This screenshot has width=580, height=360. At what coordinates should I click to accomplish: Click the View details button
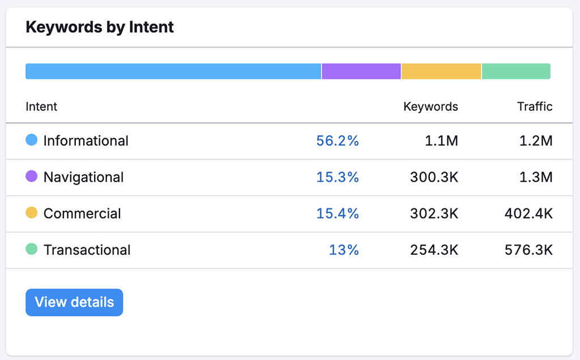tap(74, 302)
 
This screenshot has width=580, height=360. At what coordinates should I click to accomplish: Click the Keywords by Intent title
tap(100, 27)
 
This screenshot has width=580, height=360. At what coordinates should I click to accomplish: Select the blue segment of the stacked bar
tap(173, 71)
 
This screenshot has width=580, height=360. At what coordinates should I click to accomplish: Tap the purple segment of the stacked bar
tap(361, 71)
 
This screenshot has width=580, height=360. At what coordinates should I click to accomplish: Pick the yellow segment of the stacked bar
tap(441, 71)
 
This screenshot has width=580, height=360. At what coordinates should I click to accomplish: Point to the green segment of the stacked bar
tap(516, 71)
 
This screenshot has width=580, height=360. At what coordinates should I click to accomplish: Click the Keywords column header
tap(430, 106)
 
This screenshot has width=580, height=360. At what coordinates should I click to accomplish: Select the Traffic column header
tap(535, 106)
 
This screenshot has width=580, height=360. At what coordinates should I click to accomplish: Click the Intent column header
tap(41, 106)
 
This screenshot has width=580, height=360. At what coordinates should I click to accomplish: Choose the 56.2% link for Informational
tap(338, 141)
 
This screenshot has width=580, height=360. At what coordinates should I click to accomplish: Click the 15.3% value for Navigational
tap(338, 177)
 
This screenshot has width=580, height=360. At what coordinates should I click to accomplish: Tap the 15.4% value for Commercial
tap(338, 213)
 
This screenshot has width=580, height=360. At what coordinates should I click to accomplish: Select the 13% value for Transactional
tap(344, 250)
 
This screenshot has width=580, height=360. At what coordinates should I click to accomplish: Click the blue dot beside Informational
tap(32, 140)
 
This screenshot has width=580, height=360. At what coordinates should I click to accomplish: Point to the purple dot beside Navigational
tap(32, 176)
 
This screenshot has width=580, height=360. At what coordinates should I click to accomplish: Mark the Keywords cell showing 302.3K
tap(434, 213)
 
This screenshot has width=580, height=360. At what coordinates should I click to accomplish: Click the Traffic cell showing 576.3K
tap(528, 250)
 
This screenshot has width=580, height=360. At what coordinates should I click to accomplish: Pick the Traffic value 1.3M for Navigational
tap(536, 177)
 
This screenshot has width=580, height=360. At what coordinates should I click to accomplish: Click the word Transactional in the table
tap(87, 250)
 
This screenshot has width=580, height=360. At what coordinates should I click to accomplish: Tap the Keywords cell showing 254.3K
tap(434, 250)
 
